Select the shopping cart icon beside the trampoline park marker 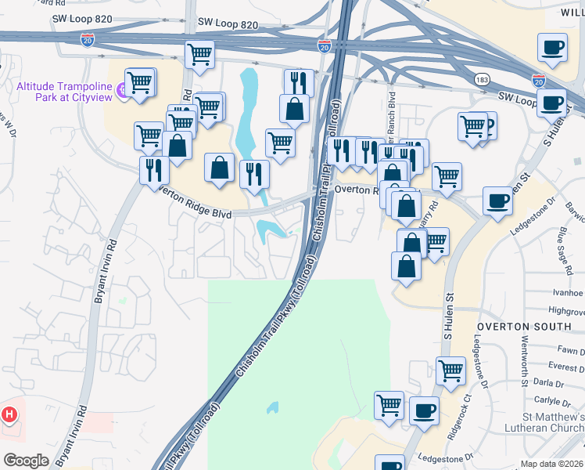tap(141, 81)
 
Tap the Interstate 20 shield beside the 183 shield tap(538, 80)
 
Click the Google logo tap(26, 460)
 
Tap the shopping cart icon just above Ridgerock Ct tap(450, 371)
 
